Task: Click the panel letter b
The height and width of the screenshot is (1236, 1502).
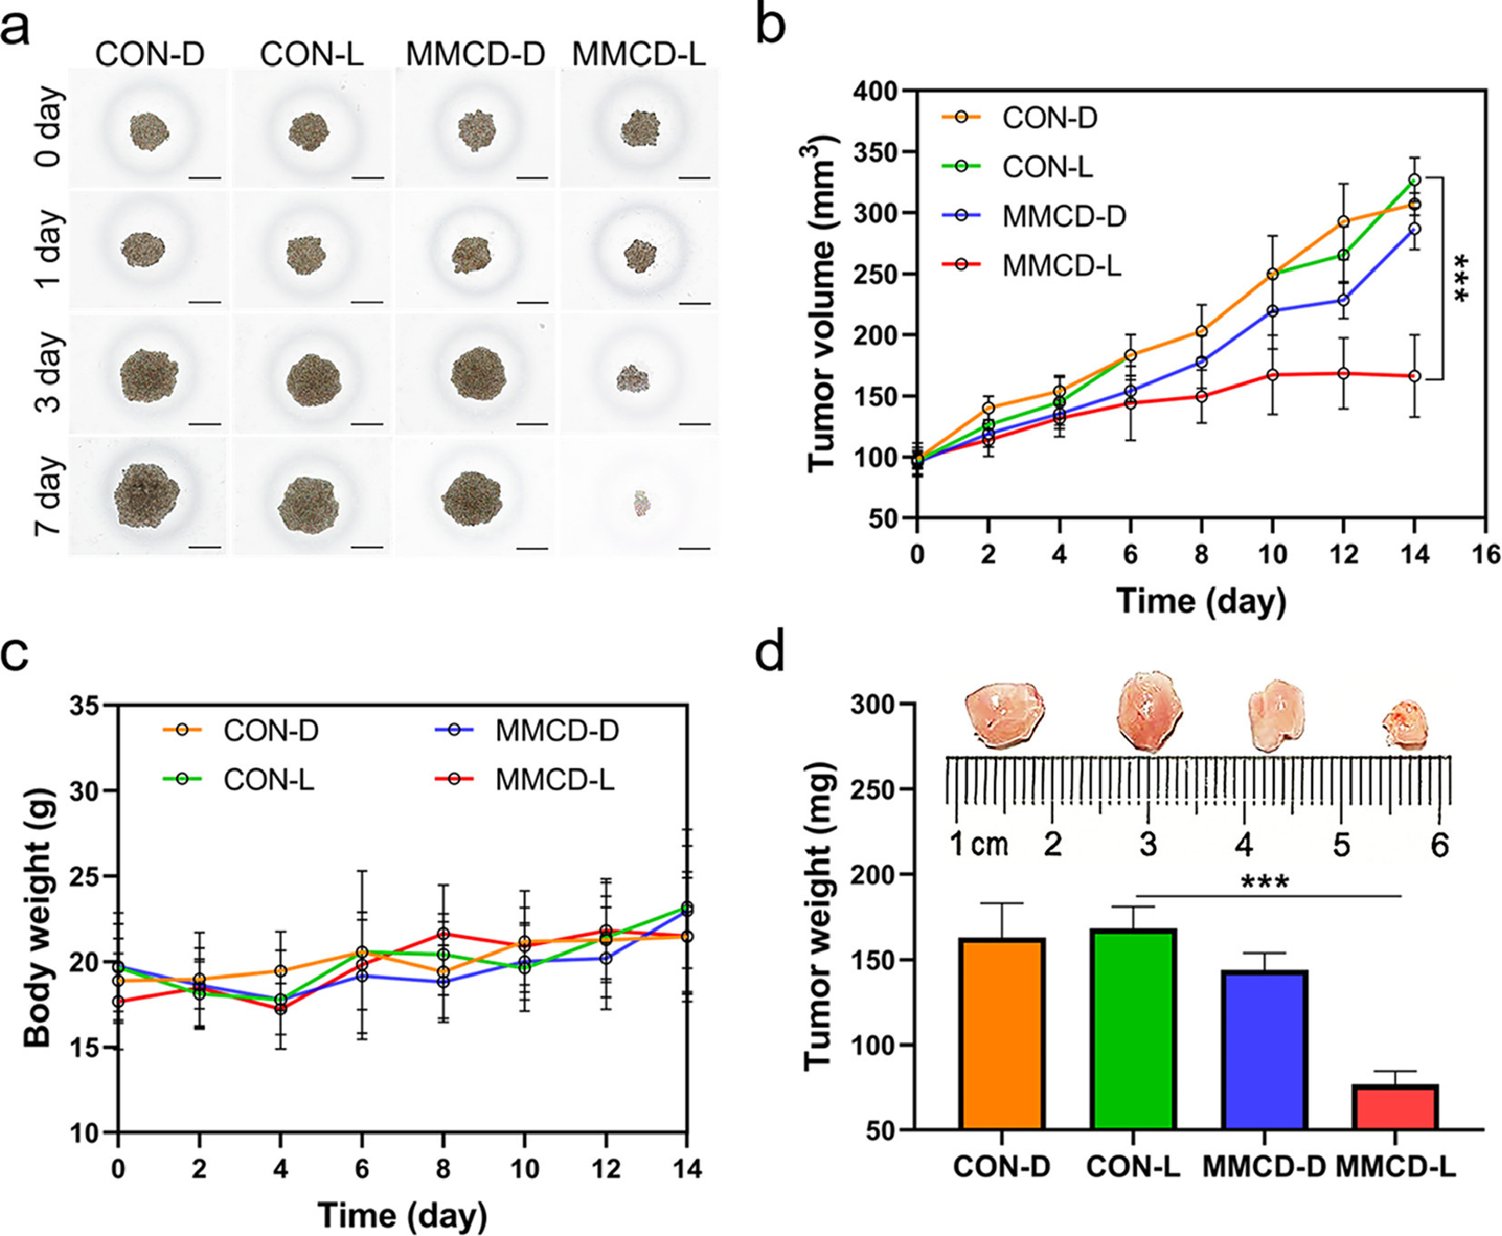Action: [x=771, y=25]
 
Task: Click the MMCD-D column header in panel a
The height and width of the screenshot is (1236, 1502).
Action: [x=475, y=55]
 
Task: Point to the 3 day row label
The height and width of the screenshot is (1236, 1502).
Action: [x=49, y=372]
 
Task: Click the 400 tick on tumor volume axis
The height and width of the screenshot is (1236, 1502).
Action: [x=876, y=91]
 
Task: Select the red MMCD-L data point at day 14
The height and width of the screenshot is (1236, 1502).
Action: [x=1415, y=376]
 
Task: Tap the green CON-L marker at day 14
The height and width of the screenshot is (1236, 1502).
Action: [x=1415, y=180]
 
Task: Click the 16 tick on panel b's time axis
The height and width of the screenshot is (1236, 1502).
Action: [x=1487, y=553]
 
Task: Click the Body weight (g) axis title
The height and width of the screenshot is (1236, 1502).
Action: [x=37, y=919]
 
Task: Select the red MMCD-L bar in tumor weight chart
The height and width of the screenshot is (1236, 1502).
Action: [x=1394, y=1107]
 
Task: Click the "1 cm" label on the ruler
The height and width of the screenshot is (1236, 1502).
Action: [x=980, y=844]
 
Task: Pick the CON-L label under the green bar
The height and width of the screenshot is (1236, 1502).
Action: [x=1133, y=1167]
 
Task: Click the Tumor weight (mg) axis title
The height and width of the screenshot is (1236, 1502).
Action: [x=818, y=919]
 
